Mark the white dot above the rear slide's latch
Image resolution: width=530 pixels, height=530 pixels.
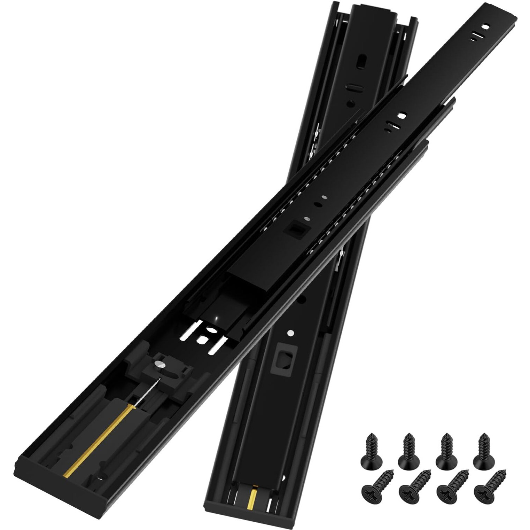[x=290, y=333]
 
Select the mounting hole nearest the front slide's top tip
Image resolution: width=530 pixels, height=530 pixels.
[x=485, y=26]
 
